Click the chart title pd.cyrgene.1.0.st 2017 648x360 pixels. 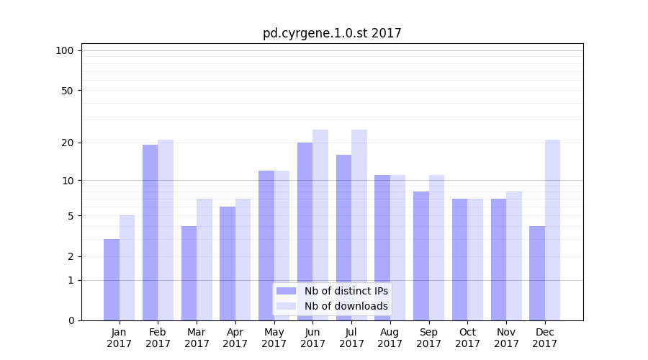pyautogui.click(x=332, y=33)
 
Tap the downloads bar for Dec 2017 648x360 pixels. pyautogui.click(x=552, y=230)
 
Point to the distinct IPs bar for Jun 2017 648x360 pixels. pyautogui.click(x=305, y=231)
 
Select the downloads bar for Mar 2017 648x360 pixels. pyautogui.click(x=204, y=259)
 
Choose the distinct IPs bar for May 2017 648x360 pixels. pyautogui.click(x=266, y=246)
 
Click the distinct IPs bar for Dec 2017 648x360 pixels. pyautogui.click(x=537, y=273)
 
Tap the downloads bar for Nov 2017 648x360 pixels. pyautogui.click(x=513, y=256)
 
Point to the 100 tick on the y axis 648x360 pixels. pyautogui.click(x=65, y=50)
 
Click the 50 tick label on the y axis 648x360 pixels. pyautogui.click(x=67, y=91)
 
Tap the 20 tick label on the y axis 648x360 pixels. pyautogui.click(x=67, y=143)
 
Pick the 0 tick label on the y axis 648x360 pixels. pyautogui.click(x=71, y=320)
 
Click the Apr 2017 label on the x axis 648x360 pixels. pyautogui.click(x=235, y=338)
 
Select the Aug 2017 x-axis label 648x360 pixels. pyautogui.click(x=390, y=338)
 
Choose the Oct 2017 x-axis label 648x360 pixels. pyautogui.click(x=467, y=338)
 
